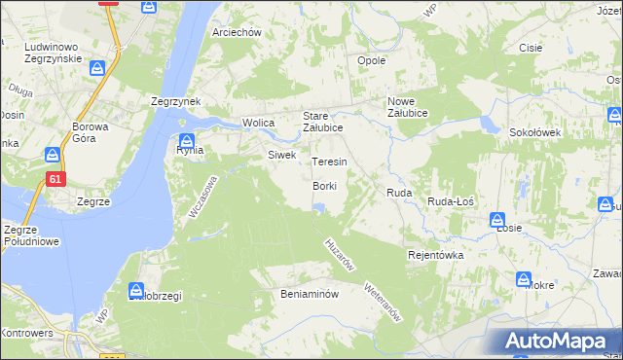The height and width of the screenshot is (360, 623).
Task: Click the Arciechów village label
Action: (x=238, y=32)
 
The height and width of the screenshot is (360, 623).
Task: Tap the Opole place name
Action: (x=373, y=60)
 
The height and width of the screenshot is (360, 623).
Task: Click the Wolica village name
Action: (x=258, y=123)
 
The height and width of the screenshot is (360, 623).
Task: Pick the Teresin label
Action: (x=329, y=161)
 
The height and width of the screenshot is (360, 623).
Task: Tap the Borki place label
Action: (x=325, y=186)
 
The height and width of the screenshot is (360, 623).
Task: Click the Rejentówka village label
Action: (x=435, y=254)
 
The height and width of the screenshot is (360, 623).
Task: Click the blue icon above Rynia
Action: (x=187, y=138)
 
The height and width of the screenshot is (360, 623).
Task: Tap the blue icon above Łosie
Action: (x=497, y=220)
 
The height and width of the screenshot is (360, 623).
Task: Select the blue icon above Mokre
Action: (x=524, y=277)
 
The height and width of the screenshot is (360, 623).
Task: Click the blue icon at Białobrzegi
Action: (x=137, y=289)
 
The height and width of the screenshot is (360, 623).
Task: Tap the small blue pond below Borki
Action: (x=319, y=205)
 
